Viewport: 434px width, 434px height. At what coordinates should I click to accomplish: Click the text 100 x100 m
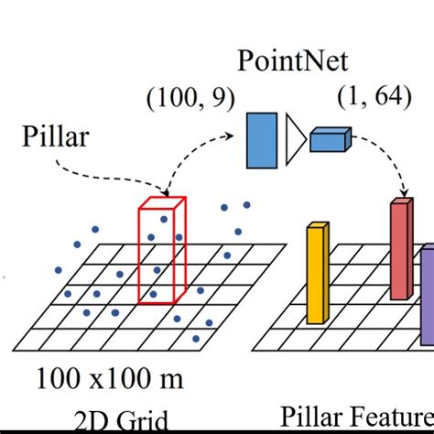pyautogui.click(x=110, y=376)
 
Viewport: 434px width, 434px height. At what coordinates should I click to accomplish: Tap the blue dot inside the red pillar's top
pyautogui.click(x=164, y=219)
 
